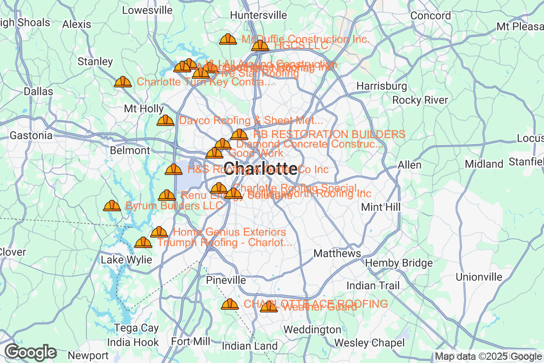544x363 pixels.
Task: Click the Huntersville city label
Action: pos(258,15)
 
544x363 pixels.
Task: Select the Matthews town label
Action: pos(337,253)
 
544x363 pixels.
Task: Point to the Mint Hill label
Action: pos(381,207)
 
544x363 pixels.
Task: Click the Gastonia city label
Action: pos(31,135)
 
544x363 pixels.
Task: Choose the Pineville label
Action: pos(226,280)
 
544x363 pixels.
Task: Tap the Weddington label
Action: pos(312,329)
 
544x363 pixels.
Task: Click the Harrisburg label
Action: pos(382,86)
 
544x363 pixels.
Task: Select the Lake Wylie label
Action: pos(126,260)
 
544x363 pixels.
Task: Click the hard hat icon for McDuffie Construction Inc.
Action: pos(228,39)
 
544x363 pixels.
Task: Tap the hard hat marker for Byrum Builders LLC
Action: pos(112,206)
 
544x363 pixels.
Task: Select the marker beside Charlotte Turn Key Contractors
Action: pos(123,82)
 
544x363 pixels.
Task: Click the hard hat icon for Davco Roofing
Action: pos(165,121)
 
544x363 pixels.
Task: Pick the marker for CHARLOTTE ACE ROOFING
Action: pos(230,304)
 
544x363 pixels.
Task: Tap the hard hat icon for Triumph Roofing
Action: pos(144,243)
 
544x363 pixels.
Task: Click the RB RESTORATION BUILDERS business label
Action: pos(329,134)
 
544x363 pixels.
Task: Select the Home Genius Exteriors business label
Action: pos(229,232)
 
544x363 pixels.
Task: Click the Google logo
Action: pos(31,352)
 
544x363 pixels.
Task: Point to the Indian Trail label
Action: pos(373,285)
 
